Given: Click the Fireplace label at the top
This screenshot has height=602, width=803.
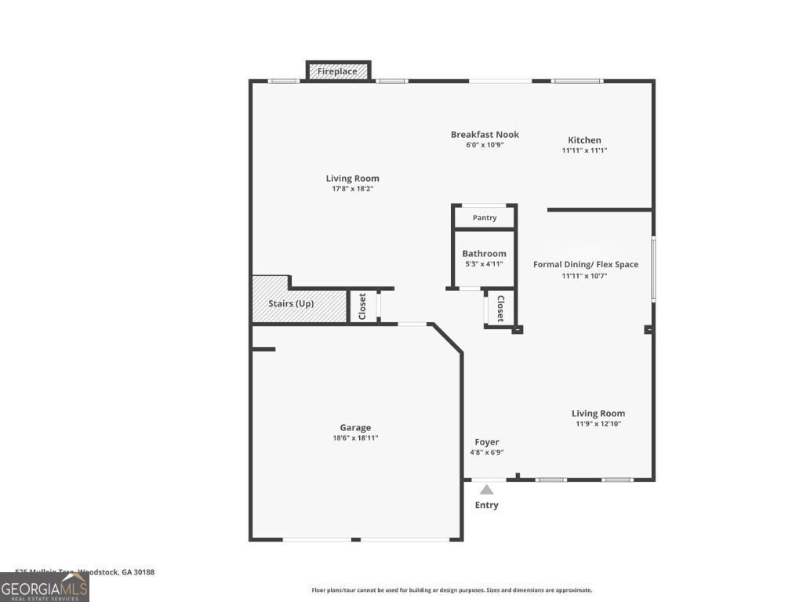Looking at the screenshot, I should point(337,71).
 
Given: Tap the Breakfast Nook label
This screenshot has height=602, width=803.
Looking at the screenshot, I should point(485,135).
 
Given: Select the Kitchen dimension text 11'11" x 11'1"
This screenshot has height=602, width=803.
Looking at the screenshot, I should point(584,150).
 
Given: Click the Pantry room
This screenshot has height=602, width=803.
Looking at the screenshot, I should point(485,218).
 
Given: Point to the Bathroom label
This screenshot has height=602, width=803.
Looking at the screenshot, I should point(484,254).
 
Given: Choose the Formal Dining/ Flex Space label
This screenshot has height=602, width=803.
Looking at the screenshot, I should point(586,265).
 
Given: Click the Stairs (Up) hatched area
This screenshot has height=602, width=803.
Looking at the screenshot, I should point(299,304).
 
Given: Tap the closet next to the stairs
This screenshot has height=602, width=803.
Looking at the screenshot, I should point(362,306).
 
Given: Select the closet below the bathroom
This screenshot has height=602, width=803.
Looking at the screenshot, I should point(500,308).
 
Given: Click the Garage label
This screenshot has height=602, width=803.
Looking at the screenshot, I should point(355,428).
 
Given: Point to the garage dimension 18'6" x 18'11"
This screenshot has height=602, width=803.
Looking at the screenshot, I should point(355,438).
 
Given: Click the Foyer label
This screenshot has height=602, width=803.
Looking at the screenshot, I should point(486,442).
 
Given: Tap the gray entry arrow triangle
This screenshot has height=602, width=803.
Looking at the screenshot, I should point(487,490).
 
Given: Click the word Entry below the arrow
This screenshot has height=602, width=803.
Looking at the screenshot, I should point(486,506).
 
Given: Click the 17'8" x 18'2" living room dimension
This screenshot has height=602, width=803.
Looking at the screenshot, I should point(353,189).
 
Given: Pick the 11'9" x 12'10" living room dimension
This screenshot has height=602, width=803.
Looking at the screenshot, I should point(598,424).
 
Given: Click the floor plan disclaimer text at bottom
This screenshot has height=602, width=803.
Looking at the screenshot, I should point(452,590).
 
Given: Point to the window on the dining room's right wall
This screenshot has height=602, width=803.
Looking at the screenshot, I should point(653,269).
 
